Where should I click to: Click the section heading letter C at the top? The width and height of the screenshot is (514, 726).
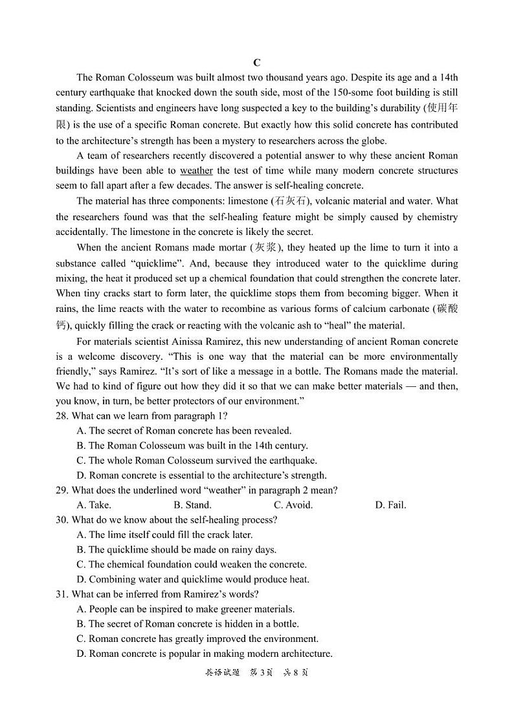click(x=257, y=63)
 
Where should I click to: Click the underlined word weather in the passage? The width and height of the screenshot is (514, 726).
click(x=196, y=171)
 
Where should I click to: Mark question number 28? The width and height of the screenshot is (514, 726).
click(x=62, y=415)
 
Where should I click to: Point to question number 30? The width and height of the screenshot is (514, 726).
click(x=62, y=520)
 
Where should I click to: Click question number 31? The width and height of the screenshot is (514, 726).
click(x=62, y=594)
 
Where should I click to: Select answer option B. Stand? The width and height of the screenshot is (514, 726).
click(x=192, y=505)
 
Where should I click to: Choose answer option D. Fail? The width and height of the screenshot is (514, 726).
click(x=390, y=505)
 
